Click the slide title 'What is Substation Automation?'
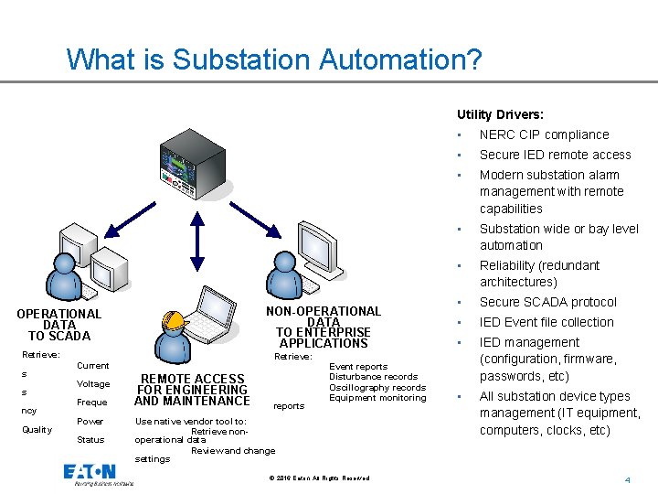coord(274,59)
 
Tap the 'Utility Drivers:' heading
coord(500,114)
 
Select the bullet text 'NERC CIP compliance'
coord(544,134)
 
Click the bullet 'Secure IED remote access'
coord(555,155)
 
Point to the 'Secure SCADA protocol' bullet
coord(547,302)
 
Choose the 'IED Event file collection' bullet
coord(547,322)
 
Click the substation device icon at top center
coord(190,171)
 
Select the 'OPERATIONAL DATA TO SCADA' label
coord(59,325)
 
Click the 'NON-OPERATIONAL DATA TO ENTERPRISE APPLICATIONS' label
coord(324,327)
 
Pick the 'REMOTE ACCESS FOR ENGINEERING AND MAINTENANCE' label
coord(192,390)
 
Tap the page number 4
coord(628,480)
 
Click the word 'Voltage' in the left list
coord(93,384)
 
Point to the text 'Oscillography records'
coord(377,387)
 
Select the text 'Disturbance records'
coord(373,377)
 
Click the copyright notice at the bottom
coord(320,478)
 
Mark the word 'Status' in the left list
coord(90,440)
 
